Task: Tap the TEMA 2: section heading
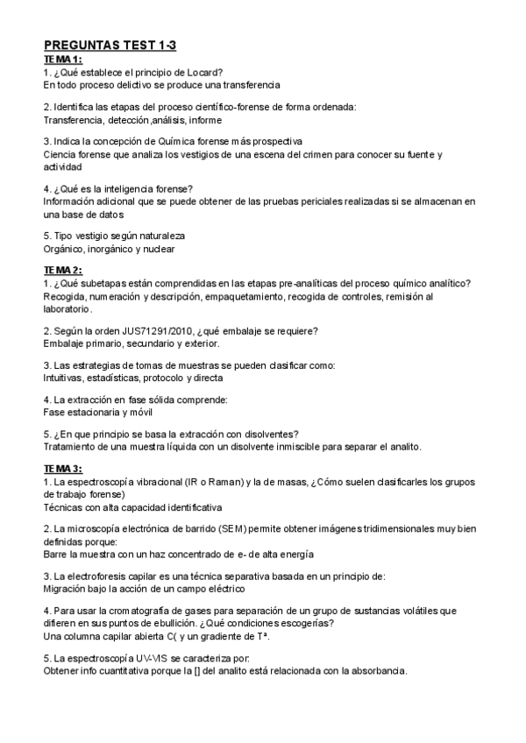pyautogui.click(x=63, y=269)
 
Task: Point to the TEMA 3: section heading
pyautogui.click(x=63, y=468)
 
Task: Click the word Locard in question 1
pyautogui.click(x=203, y=71)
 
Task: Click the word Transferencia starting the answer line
pyautogui.click(x=72, y=119)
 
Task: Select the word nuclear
pyautogui.click(x=157, y=249)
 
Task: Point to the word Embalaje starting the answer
pyautogui.click(x=65, y=343)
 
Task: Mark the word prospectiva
pyautogui.click(x=274, y=141)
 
